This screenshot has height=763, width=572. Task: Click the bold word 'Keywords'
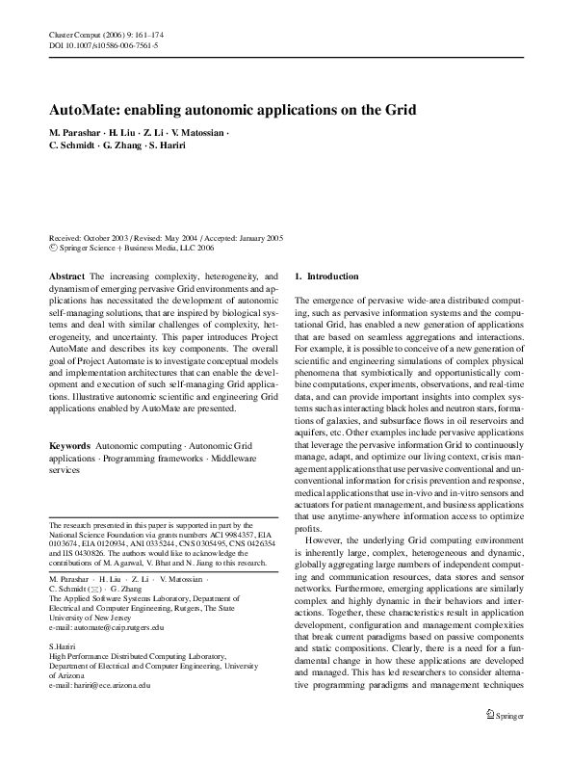[x=70, y=449]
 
